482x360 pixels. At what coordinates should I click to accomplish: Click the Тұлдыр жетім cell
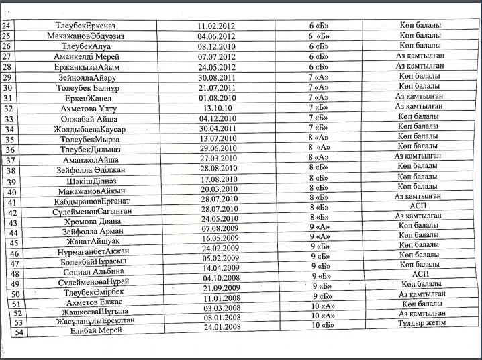coord(421,324)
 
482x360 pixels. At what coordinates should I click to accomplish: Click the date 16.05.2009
coord(219,238)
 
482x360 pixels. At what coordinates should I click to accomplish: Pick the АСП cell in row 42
coord(419,207)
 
